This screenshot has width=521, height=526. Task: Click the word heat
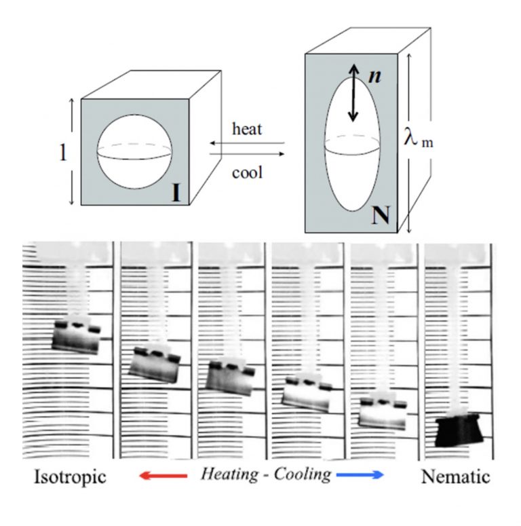tap(247, 129)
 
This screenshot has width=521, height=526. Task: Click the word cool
tap(247, 173)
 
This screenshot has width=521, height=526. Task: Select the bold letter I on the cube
tap(176, 193)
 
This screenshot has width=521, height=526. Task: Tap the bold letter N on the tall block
tap(381, 215)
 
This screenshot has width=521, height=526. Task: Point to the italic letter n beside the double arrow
tap(374, 76)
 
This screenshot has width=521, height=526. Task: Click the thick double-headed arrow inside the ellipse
tap(353, 93)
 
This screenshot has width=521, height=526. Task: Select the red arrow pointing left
tap(163, 475)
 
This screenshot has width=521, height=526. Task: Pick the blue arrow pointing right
tap(360, 474)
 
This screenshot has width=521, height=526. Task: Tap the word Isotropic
tap(70, 476)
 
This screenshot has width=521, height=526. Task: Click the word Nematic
tap(455, 476)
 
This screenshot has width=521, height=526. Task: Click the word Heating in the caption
tap(230, 474)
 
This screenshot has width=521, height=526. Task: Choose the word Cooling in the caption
tap(303, 474)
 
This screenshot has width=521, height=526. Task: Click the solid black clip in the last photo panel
tap(459, 431)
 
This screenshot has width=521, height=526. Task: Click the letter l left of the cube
tap(62, 153)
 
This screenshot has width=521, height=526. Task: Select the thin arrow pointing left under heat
tap(247, 143)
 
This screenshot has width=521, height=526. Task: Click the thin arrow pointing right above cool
tap(247, 154)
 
